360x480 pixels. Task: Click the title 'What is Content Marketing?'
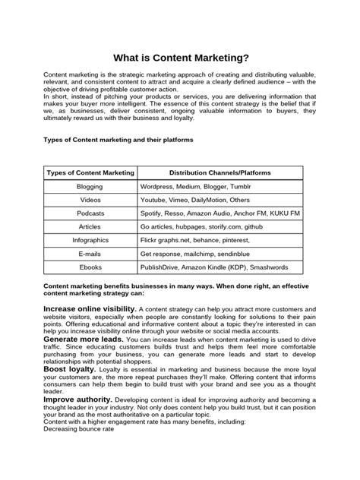pos(180,57)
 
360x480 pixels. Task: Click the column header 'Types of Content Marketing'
pos(90,173)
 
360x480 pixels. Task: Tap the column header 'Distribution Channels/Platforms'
pos(220,173)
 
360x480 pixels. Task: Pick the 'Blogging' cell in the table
pos(90,186)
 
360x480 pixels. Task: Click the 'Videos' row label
pos(90,200)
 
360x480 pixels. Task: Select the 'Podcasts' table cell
pos(90,213)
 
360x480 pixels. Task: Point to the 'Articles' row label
pos(90,227)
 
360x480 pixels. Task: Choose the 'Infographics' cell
pos(90,241)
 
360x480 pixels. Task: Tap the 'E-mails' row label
pos(90,254)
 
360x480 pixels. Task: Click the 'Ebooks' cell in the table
pos(90,268)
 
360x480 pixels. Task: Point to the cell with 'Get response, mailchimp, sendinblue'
pos(196,254)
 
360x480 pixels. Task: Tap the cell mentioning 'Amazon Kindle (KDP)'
pos(214,268)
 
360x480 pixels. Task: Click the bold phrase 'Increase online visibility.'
pos(90,309)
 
